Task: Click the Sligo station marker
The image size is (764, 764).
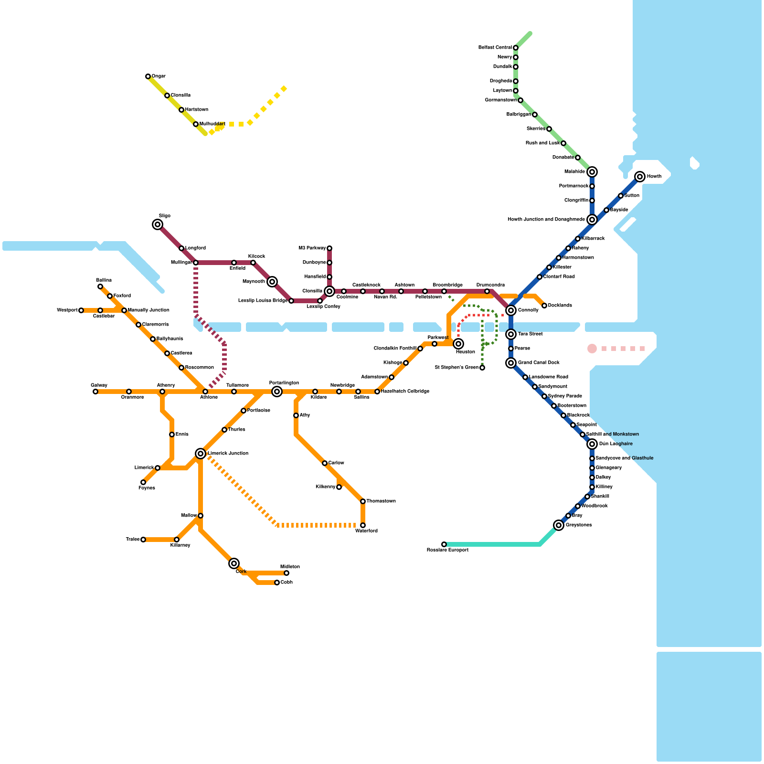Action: (x=158, y=224)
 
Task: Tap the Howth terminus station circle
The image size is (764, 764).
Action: (x=640, y=177)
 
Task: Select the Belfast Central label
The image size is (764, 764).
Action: (x=495, y=48)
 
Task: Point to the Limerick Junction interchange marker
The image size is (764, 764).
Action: (x=201, y=454)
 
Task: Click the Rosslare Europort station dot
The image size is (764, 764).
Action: (x=444, y=544)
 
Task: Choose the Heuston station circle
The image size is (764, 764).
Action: (x=458, y=344)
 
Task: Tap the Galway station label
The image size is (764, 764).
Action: (x=99, y=385)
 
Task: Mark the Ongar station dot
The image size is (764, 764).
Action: (x=148, y=76)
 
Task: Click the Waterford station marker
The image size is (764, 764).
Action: (x=363, y=525)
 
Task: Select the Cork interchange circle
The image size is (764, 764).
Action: (x=234, y=563)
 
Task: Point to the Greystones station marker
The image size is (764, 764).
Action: (x=559, y=525)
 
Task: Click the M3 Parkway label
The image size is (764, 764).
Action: (x=312, y=248)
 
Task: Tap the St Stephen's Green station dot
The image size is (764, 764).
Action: (x=482, y=368)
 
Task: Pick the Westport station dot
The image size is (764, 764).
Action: (x=81, y=310)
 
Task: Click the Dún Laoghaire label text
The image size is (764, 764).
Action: (x=616, y=444)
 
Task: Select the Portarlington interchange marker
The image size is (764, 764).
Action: (x=277, y=392)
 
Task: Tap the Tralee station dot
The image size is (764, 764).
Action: (x=143, y=540)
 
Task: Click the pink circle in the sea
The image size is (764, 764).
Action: (x=592, y=349)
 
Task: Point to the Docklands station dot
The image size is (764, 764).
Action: (x=544, y=306)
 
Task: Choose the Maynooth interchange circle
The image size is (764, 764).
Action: (x=272, y=282)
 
